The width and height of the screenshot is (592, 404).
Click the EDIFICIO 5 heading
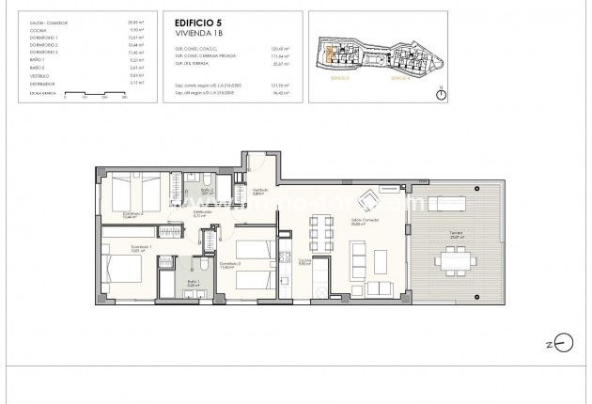pos(194,20)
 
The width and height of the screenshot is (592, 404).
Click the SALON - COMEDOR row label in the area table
pos(47,19)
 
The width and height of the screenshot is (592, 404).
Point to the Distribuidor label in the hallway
pos(202,214)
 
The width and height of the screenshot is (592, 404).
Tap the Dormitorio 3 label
pos(231,264)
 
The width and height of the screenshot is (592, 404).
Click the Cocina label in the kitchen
pos(304,262)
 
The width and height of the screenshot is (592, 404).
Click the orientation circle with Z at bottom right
pos(564,342)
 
